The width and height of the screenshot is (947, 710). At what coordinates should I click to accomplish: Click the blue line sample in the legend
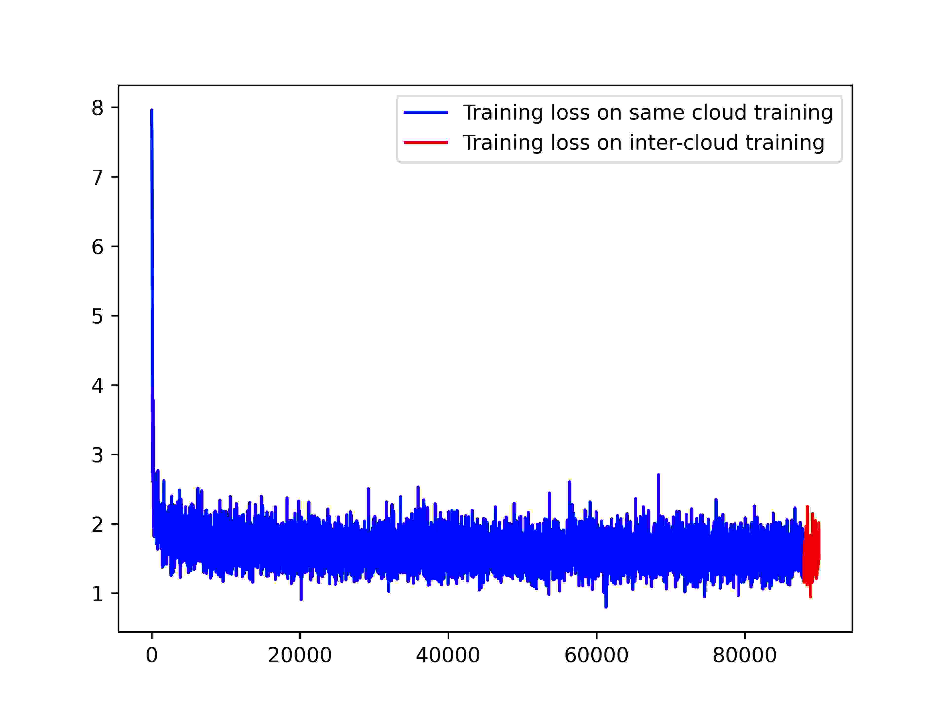[x=426, y=113]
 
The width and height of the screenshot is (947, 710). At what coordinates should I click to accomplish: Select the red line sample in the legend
[x=426, y=142]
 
